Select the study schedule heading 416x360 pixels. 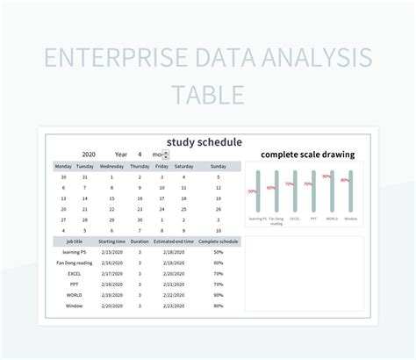[x=204, y=141]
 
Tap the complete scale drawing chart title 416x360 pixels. [x=307, y=154]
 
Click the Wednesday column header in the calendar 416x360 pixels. [x=111, y=166]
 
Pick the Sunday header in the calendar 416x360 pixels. [x=219, y=166]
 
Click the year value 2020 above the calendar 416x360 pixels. [x=88, y=154]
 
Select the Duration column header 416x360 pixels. [x=140, y=241]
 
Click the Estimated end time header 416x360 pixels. [x=173, y=241]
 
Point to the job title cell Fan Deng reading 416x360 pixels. [x=74, y=263]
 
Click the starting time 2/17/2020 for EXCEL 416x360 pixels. [x=111, y=273]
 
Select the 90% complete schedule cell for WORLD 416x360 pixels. [x=218, y=295]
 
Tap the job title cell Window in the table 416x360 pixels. [x=74, y=306]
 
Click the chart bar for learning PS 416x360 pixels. [x=258, y=192]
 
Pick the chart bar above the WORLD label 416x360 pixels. [x=332, y=192]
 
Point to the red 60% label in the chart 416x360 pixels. [x=271, y=187]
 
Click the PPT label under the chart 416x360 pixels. [x=313, y=219]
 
